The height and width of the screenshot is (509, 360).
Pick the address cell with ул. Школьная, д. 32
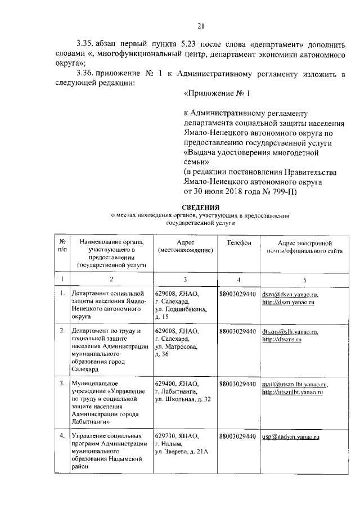click(183, 392)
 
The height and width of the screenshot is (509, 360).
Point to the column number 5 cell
click(304, 280)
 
